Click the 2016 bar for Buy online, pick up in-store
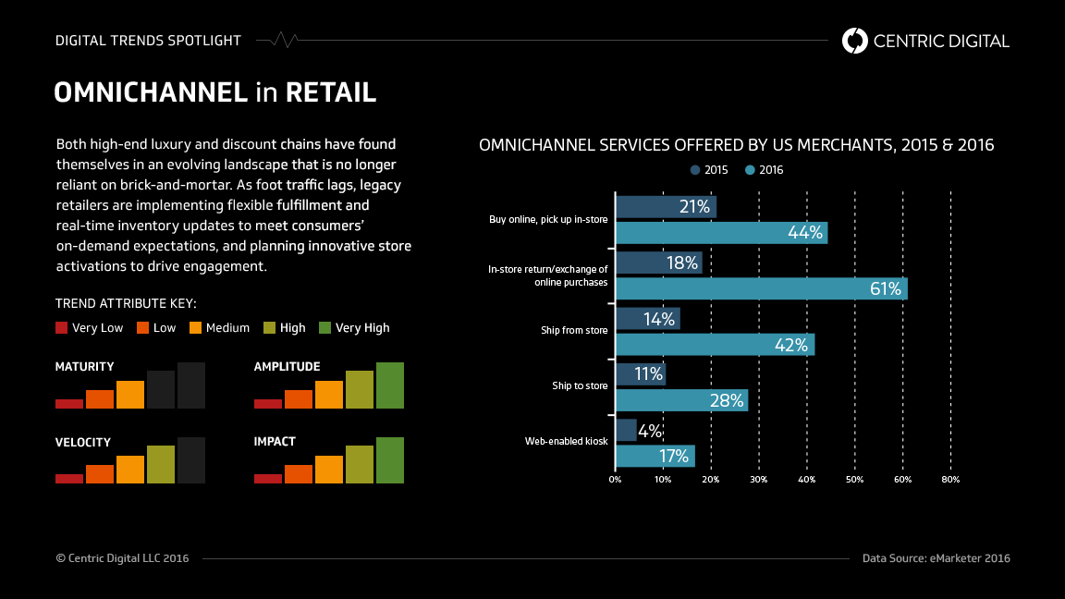(x=721, y=233)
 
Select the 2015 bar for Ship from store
(x=648, y=319)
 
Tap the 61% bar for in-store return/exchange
(x=761, y=288)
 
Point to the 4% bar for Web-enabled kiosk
(x=626, y=430)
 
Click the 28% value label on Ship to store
(x=727, y=400)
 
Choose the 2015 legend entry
(x=709, y=170)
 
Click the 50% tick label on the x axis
(x=855, y=480)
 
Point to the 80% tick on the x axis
(x=950, y=480)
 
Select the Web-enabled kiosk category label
(x=566, y=442)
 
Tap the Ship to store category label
(x=580, y=385)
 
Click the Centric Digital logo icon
(x=855, y=41)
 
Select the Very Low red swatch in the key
(x=62, y=327)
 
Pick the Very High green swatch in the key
(x=324, y=327)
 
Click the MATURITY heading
(x=85, y=367)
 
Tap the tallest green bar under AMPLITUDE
(x=390, y=385)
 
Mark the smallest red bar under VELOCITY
(x=69, y=478)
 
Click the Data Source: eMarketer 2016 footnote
(x=936, y=558)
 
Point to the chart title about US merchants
(x=736, y=145)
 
